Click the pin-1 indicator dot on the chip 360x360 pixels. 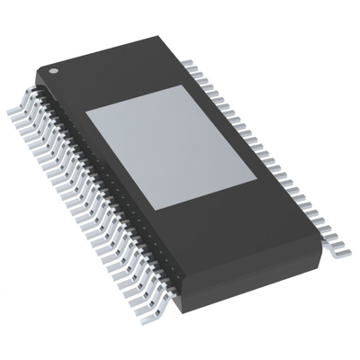pyautogui.click(x=53, y=69)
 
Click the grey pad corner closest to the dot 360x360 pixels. pyautogui.click(x=85, y=115)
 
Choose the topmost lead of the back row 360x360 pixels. pyautogui.click(x=188, y=60)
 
